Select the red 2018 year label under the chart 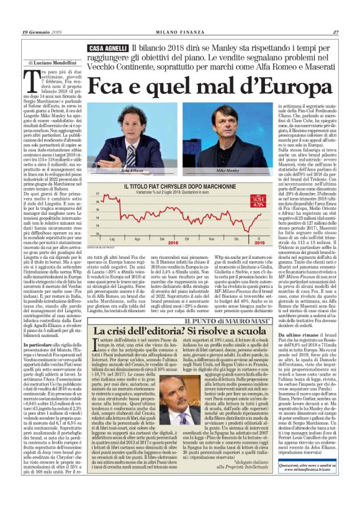click(171, 244)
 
